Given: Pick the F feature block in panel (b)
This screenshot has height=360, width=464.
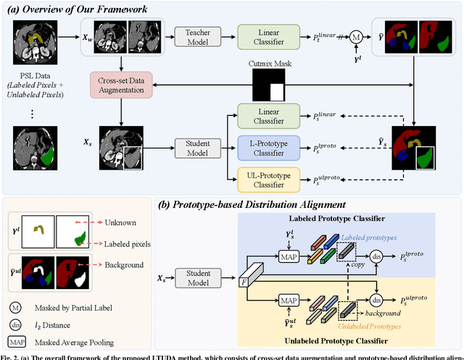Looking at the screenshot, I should [244, 278].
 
